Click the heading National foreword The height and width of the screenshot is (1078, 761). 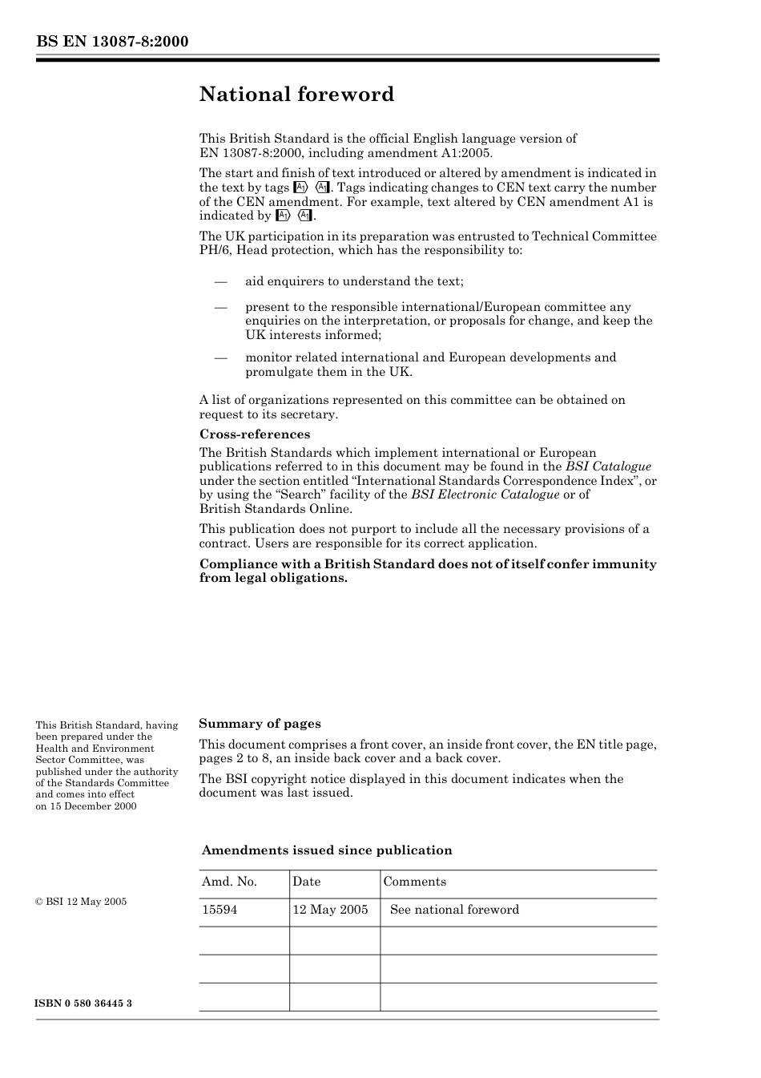[x=296, y=95]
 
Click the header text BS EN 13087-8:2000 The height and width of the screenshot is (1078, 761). [x=112, y=42]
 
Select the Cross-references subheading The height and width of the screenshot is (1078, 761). [x=255, y=434]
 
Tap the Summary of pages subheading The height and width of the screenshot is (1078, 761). [x=260, y=724]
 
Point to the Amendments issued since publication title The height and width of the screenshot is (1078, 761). [x=327, y=850]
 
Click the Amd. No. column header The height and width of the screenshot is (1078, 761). [x=229, y=882]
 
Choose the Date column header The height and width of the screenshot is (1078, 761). [x=306, y=882]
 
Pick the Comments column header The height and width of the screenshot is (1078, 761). [x=415, y=882]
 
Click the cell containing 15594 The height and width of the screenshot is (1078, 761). [x=219, y=910]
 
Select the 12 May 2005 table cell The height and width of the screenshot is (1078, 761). [x=330, y=910]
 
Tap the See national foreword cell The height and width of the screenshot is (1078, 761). [x=454, y=910]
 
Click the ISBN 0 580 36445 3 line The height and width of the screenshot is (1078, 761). [x=84, y=1003]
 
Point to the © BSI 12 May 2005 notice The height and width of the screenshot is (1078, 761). [x=81, y=902]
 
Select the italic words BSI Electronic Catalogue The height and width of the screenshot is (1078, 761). [x=485, y=495]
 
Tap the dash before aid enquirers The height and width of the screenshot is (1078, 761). [x=220, y=281]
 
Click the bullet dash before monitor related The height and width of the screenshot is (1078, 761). [x=220, y=357]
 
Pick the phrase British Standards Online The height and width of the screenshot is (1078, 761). [x=276, y=509]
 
